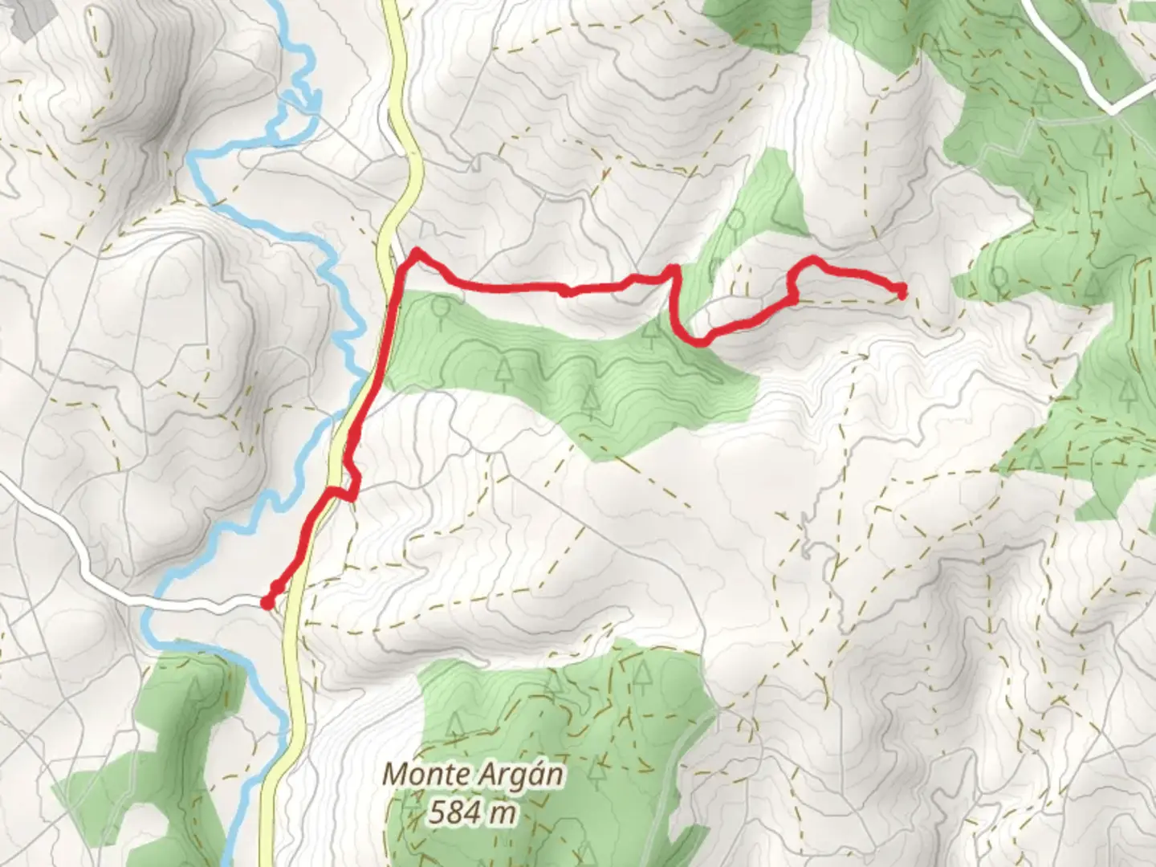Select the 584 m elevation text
click(x=471, y=813)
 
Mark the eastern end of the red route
click(x=902, y=291)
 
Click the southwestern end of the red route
click(x=267, y=601)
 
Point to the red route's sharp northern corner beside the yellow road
click(x=416, y=254)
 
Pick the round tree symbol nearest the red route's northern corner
click(x=440, y=306)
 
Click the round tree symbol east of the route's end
click(x=999, y=279)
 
